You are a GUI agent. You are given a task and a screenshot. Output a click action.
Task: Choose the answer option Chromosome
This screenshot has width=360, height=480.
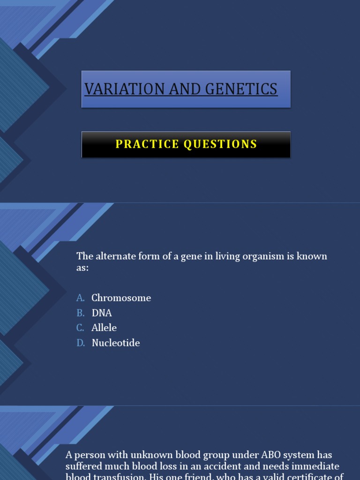coord(121,298)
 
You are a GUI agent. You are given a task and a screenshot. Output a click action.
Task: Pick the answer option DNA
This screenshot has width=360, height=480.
coord(102,313)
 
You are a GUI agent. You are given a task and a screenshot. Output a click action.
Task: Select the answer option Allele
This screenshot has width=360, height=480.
coord(104,328)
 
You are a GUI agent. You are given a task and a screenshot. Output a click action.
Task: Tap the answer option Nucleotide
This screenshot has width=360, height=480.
coord(116,343)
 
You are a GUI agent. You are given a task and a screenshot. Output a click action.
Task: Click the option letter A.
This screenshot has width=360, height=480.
coord(81,298)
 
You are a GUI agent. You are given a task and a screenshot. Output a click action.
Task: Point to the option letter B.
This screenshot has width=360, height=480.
coord(81,313)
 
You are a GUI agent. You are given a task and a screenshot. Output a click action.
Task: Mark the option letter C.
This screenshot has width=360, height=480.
coord(81,328)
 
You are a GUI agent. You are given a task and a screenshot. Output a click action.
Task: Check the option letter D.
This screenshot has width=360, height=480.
coord(81,343)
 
